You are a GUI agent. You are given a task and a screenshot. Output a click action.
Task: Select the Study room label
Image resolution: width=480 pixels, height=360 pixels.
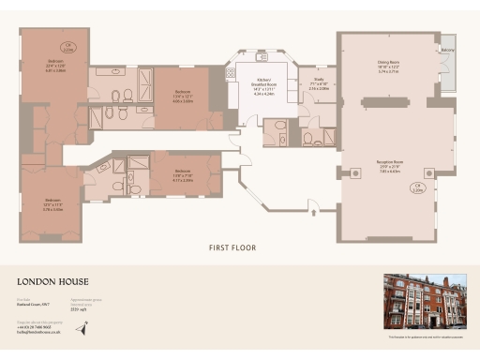(x=320, y=82)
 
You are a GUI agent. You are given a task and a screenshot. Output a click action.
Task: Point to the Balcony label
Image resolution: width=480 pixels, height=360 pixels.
(x=448, y=50)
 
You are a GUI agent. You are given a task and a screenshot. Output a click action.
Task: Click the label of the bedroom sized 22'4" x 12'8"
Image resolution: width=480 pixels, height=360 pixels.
(x=55, y=65)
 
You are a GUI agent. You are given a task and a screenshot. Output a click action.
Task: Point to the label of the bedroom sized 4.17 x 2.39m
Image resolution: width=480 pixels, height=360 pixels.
(x=183, y=177)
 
